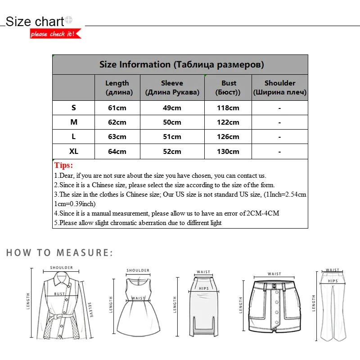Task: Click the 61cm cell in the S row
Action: (x=117, y=108)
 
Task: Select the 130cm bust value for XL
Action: (x=229, y=152)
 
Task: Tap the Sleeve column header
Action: (x=172, y=88)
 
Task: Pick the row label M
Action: (x=74, y=122)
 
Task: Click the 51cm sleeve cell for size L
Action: (x=172, y=137)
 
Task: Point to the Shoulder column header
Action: (x=279, y=88)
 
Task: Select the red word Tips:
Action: (x=63, y=165)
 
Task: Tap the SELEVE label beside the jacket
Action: (x=90, y=310)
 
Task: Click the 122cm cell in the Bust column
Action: (x=229, y=122)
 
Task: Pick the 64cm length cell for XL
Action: (x=117, y=152)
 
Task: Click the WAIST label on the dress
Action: (x=138, y=298)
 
